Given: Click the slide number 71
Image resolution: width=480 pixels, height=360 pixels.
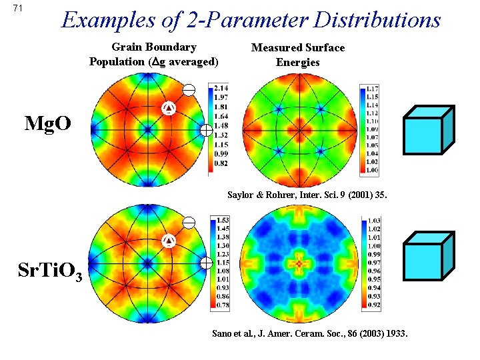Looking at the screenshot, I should pyautogui.click(x=19, y=9).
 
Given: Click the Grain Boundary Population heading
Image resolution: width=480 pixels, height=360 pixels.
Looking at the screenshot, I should pyautogui.click(x=154, y=54).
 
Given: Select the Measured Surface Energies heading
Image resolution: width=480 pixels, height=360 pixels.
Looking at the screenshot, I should pyautogui.click(x=297, y=55).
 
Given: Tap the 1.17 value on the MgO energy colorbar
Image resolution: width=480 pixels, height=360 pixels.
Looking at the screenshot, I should pyautogui.click(x=372, y=88).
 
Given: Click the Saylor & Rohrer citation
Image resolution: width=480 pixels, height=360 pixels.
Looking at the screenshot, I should pyautogui.click(x=306, y=195).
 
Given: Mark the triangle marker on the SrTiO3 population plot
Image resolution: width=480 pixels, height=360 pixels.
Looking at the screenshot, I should pyautogui.click(x=169, y=240).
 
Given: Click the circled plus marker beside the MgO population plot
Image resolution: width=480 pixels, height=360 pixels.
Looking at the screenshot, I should pyautogui.click(x=206, y=130).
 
